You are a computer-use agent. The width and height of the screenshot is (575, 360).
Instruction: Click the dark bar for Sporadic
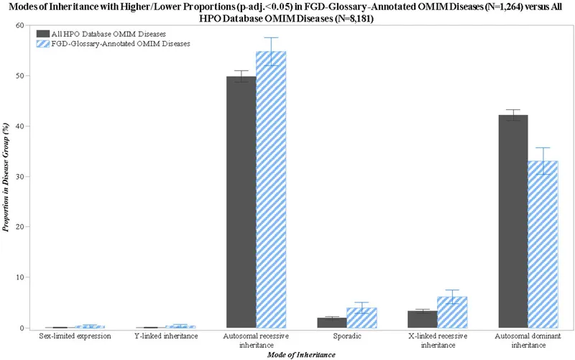point(332,323)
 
